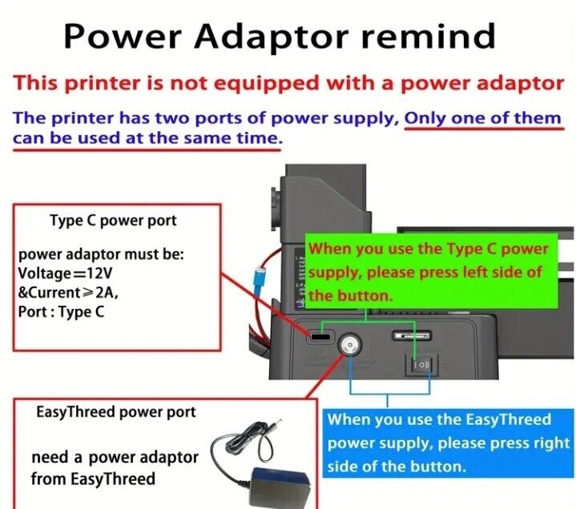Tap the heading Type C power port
pos(113,220)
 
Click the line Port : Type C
pos(61,312)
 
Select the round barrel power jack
pos(349,344)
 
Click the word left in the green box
pos(474,272)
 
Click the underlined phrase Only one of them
pos(482,118)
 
